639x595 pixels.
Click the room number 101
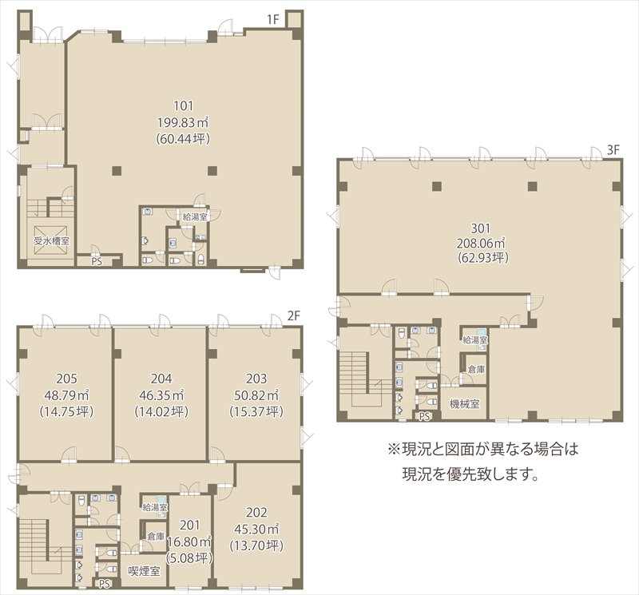point(184,106)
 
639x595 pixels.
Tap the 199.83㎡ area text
point(183,122)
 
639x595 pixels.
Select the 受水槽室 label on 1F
point(51,241)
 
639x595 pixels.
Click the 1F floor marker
point(273,19)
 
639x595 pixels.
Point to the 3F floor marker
point(613,150)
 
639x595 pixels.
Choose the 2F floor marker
point(294,315)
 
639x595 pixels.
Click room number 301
point(481,228)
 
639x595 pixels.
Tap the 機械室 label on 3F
point(465,404)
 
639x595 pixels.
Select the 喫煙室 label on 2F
point(145,571)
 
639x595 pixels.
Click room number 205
point(66,379)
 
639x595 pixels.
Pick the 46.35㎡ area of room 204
point(161,395)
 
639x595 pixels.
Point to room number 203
point(256,379)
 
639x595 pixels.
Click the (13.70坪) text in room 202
point(256,545)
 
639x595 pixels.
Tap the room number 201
point(190,525)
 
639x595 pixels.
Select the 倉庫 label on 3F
point(476,370)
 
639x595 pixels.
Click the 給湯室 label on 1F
point(195,216)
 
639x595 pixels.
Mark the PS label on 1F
point(97,261)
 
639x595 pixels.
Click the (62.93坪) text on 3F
point(483,258)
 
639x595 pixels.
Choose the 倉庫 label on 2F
point(156,537)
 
